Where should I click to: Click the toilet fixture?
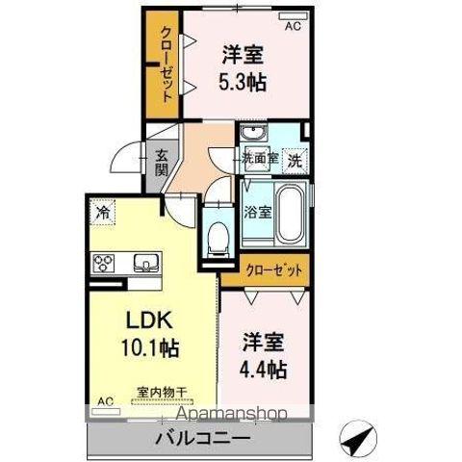[x=218, y=239]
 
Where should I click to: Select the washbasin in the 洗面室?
[x=254, y=133]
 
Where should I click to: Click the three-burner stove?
[x=104, y=263]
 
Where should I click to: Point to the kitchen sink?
[x=146, y=263]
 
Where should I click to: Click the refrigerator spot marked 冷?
[x=103, y=212]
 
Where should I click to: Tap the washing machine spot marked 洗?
[x=295, y=161]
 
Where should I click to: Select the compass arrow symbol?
[x=358, y=437]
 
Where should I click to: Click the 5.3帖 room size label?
[x=243, y=82]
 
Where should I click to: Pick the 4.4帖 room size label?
[x=263, y=370]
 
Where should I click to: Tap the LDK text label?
[x=150, y=321]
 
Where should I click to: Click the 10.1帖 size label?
[x=150, y=348]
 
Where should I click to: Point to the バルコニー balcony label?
[x=203, y=438]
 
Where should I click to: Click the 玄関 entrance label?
[x=162, y=163]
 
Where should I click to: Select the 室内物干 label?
[x=162, y=392]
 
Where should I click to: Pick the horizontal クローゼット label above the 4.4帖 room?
[x=273, y=270]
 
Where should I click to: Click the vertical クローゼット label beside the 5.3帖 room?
[x=167, y=64]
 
